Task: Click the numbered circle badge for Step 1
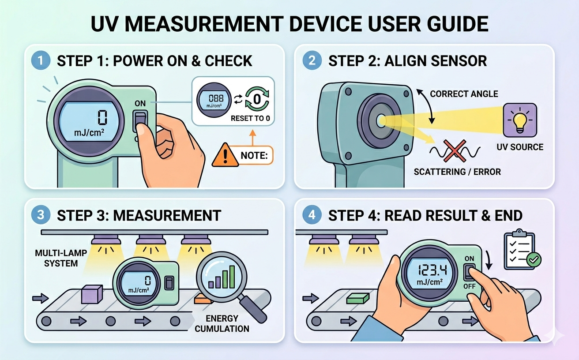tap(41, 60)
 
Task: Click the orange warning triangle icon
tap(225, 156)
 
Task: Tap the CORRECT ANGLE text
tap(464, 94)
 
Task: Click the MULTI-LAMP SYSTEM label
tap(57, 259)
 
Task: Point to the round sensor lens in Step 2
tap(380, 119)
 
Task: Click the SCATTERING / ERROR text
tap(457, 172)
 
